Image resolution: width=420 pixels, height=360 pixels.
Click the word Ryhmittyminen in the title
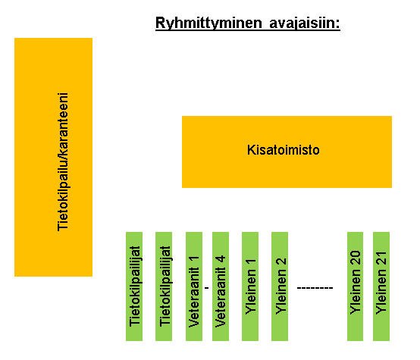pyautogui.click(x=208, y=23)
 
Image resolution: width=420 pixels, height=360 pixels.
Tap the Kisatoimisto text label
pyautogui.click(x=283, y=150)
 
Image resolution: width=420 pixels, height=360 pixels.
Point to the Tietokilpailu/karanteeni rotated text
pyautogui.click(x=63, y=161)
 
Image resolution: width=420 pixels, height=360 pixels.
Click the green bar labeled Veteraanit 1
pyautogui.click(x=194, y=286)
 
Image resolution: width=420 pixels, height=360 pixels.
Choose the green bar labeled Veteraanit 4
pyautogui.click(x=221, y=286)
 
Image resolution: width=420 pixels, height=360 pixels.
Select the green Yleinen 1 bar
pyautogui.click(x=250, y=286)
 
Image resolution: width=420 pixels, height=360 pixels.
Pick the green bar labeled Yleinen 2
pyautogui.click(x=280, y=286)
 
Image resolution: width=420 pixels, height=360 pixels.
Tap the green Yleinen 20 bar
pyautogui.click(x=355, y=286)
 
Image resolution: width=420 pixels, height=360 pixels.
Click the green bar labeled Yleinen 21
pyautogui.click(x=381, y=286)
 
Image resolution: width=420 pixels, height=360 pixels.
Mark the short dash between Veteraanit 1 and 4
pyautogui.click(x=206, y=288)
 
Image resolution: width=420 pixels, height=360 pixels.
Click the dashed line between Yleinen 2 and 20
pyautogui.click(x=315, y=288)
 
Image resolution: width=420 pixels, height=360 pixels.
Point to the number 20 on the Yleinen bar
pyautogui.click(x=355, y=258)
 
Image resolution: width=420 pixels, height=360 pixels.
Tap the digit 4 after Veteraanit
pyautogui.click(x=221, y=259)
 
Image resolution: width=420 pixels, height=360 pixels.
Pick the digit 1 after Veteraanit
pyautogui.click(x=194, y=259)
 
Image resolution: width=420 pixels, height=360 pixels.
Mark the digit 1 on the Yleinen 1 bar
pyautogui.click(x=250, y=261)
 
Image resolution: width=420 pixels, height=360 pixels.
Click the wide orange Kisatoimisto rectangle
pyautogui.click(x=287, y=152)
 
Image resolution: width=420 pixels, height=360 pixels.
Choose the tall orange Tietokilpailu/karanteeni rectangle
pyautogui.click(x=53, y=157)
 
